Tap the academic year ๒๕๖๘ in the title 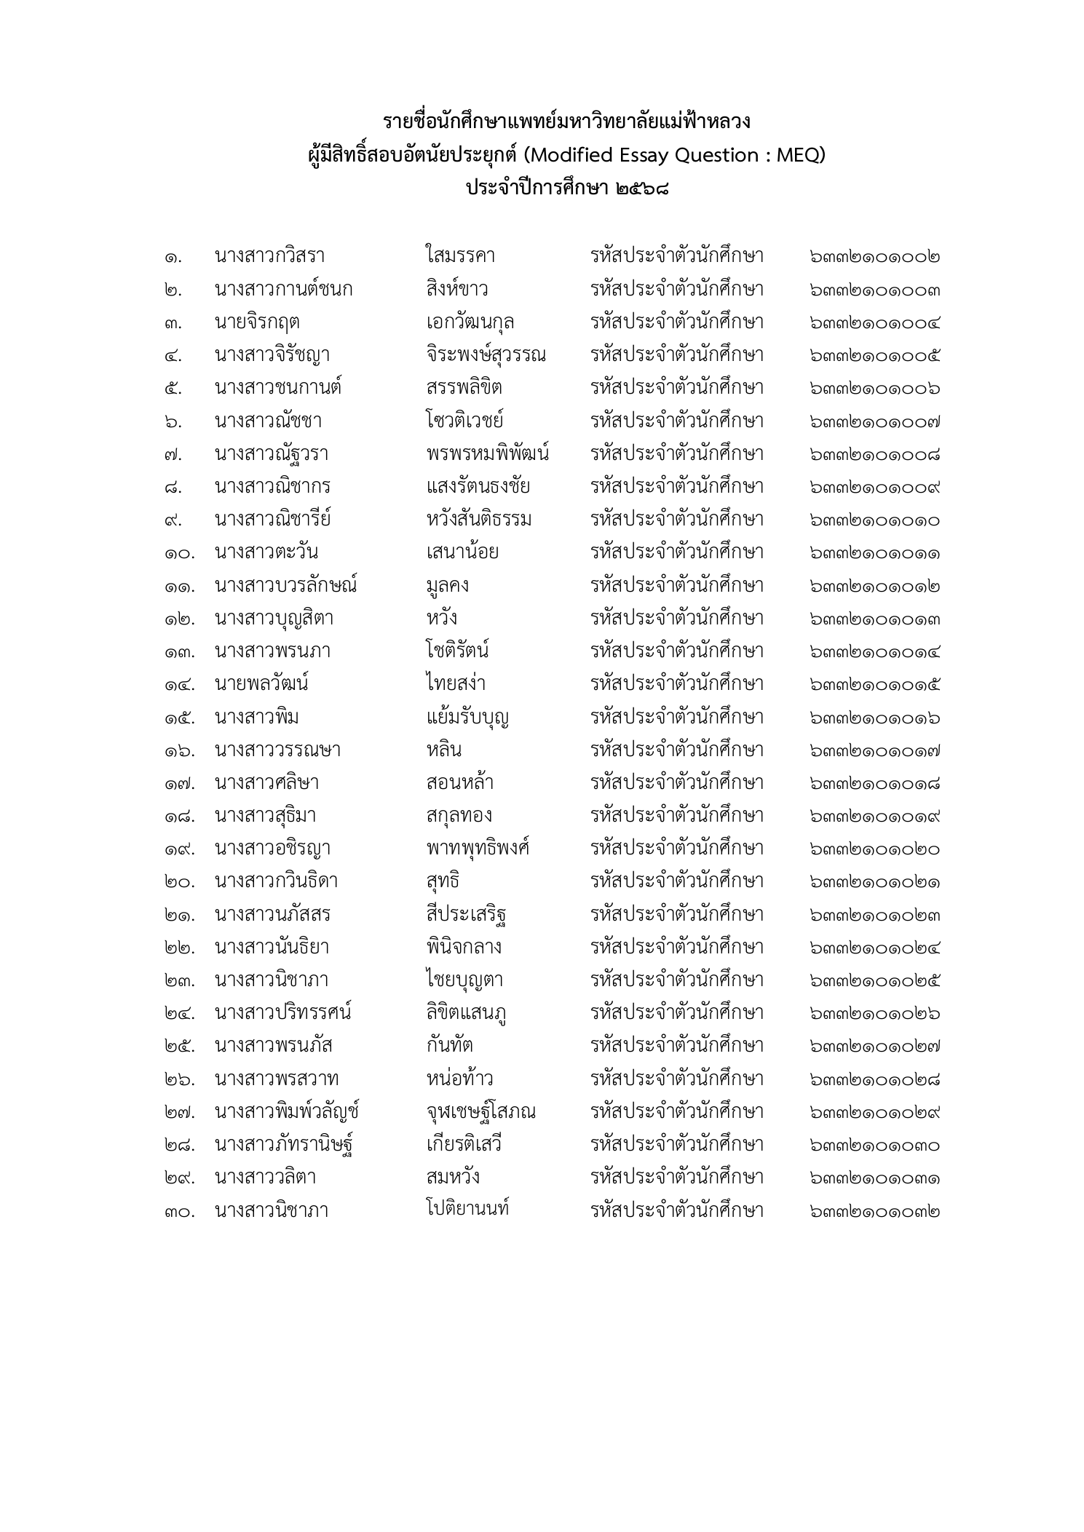pos(641,188)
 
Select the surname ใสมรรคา pos(460,256)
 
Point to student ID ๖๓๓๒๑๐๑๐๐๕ pos(874,355)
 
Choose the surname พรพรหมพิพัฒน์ pos(487,453)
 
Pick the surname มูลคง pos(447,585)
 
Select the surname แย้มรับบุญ pos(467,718)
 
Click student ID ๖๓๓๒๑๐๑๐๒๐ pos(874,849)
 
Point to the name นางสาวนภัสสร pos(273,914)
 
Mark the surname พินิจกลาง pos(464,947)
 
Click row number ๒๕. pos(179,1046)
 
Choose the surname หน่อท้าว pos(460,1079)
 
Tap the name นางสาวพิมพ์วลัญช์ pos(287,1112)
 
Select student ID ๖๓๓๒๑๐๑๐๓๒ pos(874,1210)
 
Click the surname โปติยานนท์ pos(467,1209)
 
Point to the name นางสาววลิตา pos(265,1178)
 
